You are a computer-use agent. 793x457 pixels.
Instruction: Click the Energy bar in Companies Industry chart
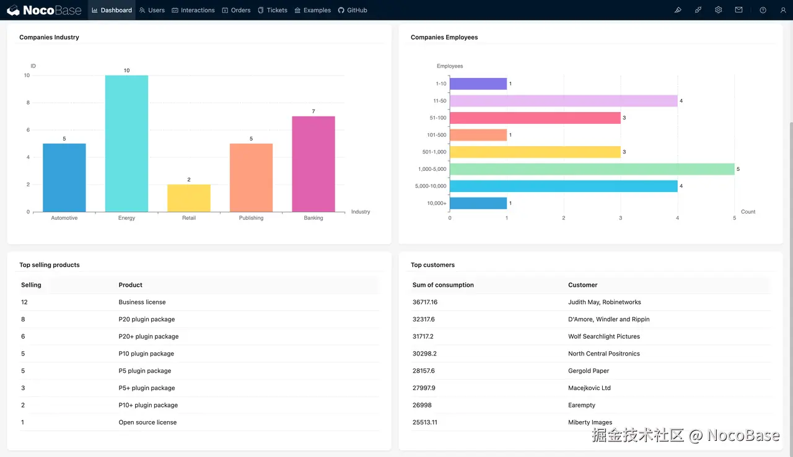126,144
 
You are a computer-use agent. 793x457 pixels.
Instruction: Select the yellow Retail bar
189,198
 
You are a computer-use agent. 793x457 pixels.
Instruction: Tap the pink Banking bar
313,164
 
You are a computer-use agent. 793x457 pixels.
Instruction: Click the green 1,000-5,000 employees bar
592,169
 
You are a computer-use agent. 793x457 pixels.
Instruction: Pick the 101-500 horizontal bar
478,135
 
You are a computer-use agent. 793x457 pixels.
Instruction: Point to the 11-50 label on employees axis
440,101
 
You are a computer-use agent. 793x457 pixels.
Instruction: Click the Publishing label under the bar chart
251,218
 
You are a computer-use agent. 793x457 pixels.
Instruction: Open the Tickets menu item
273,10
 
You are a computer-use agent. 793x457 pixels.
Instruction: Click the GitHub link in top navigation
353,10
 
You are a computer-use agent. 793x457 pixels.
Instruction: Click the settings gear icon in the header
718,10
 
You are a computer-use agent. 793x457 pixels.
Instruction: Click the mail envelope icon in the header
738,10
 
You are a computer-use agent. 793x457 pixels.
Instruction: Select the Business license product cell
142,302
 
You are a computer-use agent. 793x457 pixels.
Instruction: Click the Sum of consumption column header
443,285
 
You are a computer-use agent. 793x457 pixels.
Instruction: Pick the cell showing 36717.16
425,302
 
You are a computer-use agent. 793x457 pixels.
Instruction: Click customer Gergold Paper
589,371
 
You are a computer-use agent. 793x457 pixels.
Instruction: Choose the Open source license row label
147,422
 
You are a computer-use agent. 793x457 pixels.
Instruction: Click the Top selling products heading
50,265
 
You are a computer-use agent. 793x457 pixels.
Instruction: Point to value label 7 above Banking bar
313,111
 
